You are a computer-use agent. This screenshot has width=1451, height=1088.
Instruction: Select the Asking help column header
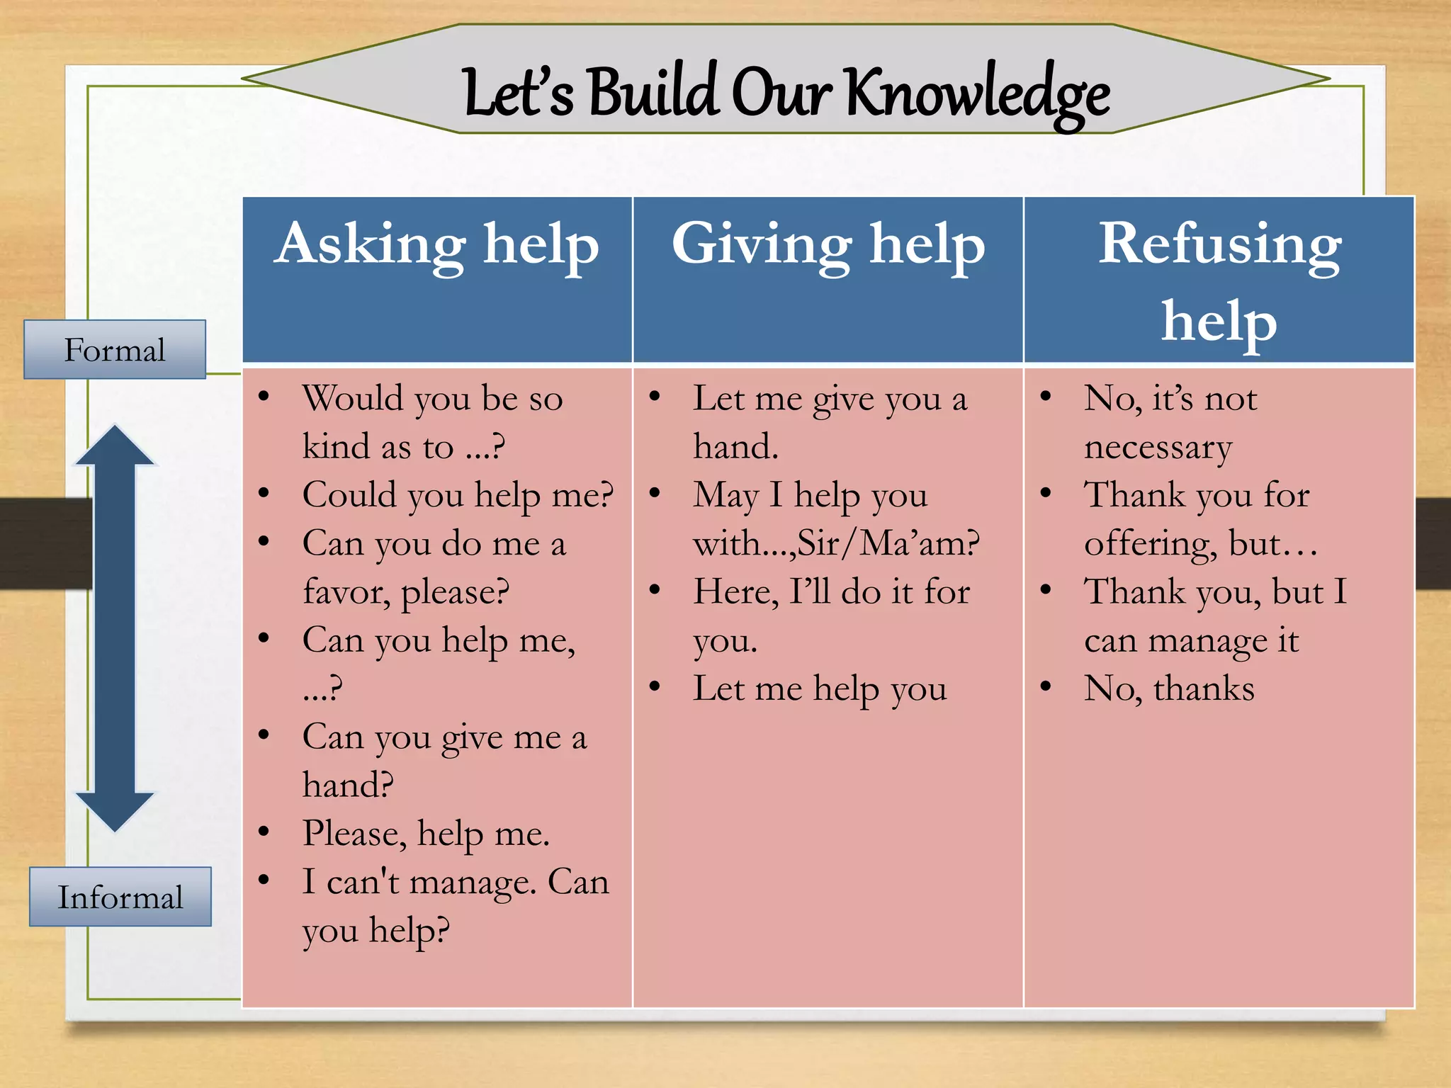click(x=437, y=244)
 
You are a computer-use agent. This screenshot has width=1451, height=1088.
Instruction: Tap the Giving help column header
click(x=828, y=244)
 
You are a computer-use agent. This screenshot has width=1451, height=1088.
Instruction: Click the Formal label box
click(x=115, y=350)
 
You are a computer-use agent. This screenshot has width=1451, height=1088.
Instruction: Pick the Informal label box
click(x=120, y=897)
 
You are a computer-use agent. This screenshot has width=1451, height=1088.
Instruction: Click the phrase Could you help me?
click(x=458, y=495)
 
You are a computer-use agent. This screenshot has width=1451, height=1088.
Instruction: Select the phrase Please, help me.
click(x=426, y=834)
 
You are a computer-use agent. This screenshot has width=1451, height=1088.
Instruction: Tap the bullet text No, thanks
click(x=1169, y=688)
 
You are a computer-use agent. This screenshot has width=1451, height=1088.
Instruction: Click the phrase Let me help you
click(x=820, y=688)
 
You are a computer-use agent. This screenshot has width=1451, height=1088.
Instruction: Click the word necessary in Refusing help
click(x=1158, y=448)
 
